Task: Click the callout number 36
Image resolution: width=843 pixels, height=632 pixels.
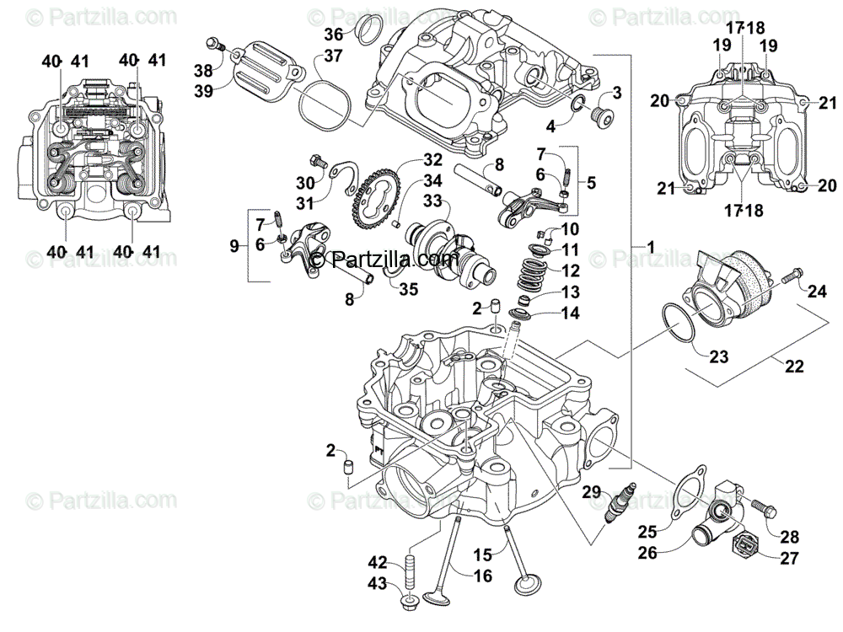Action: click(x=335, y=34)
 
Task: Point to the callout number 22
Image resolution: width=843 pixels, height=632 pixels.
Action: click(x=794, y=367)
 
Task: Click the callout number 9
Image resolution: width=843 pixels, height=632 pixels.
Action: click(x=235, y=245)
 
